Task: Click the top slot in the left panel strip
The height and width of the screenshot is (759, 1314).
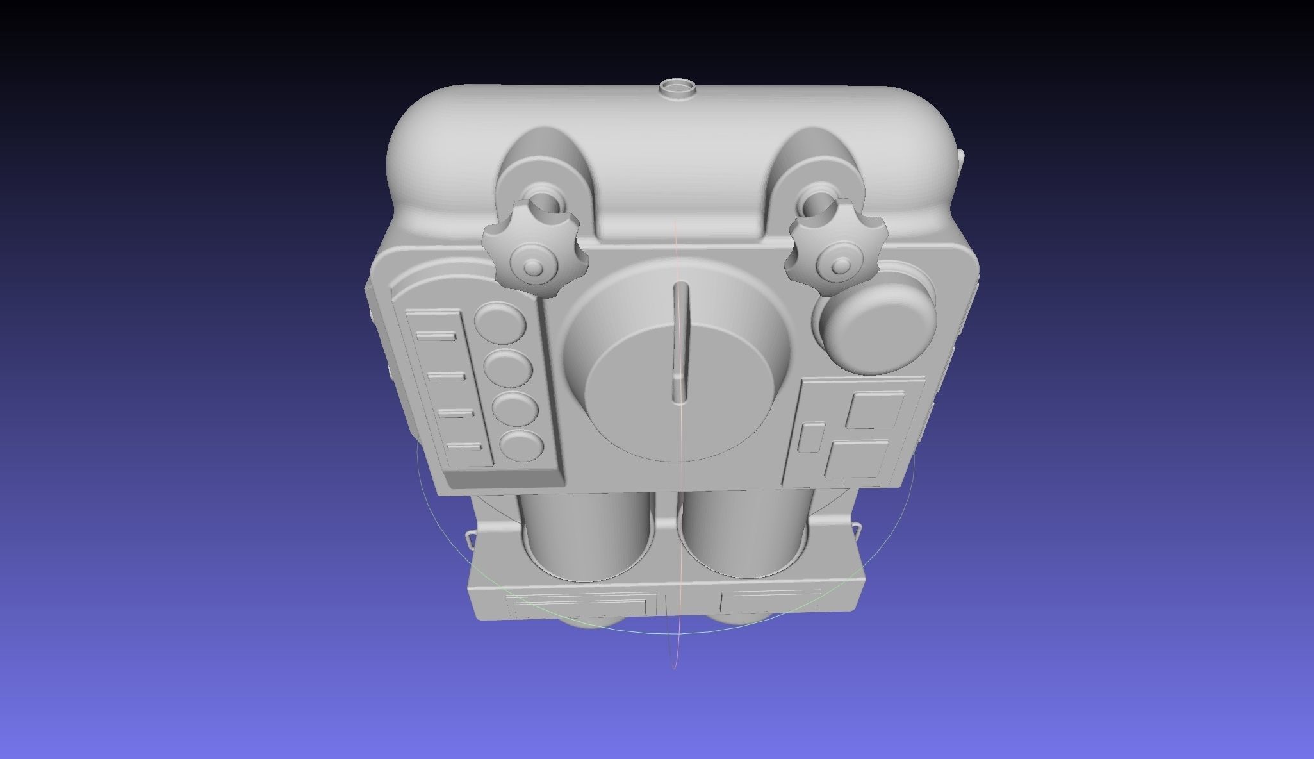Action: coord(436,336)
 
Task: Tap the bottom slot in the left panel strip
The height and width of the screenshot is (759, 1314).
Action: coord(465,447)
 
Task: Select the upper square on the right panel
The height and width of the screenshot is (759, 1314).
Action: coord(875,410)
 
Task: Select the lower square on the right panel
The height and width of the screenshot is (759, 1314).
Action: coord(857,458)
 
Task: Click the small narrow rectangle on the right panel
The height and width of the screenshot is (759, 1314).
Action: coord(812,437)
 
